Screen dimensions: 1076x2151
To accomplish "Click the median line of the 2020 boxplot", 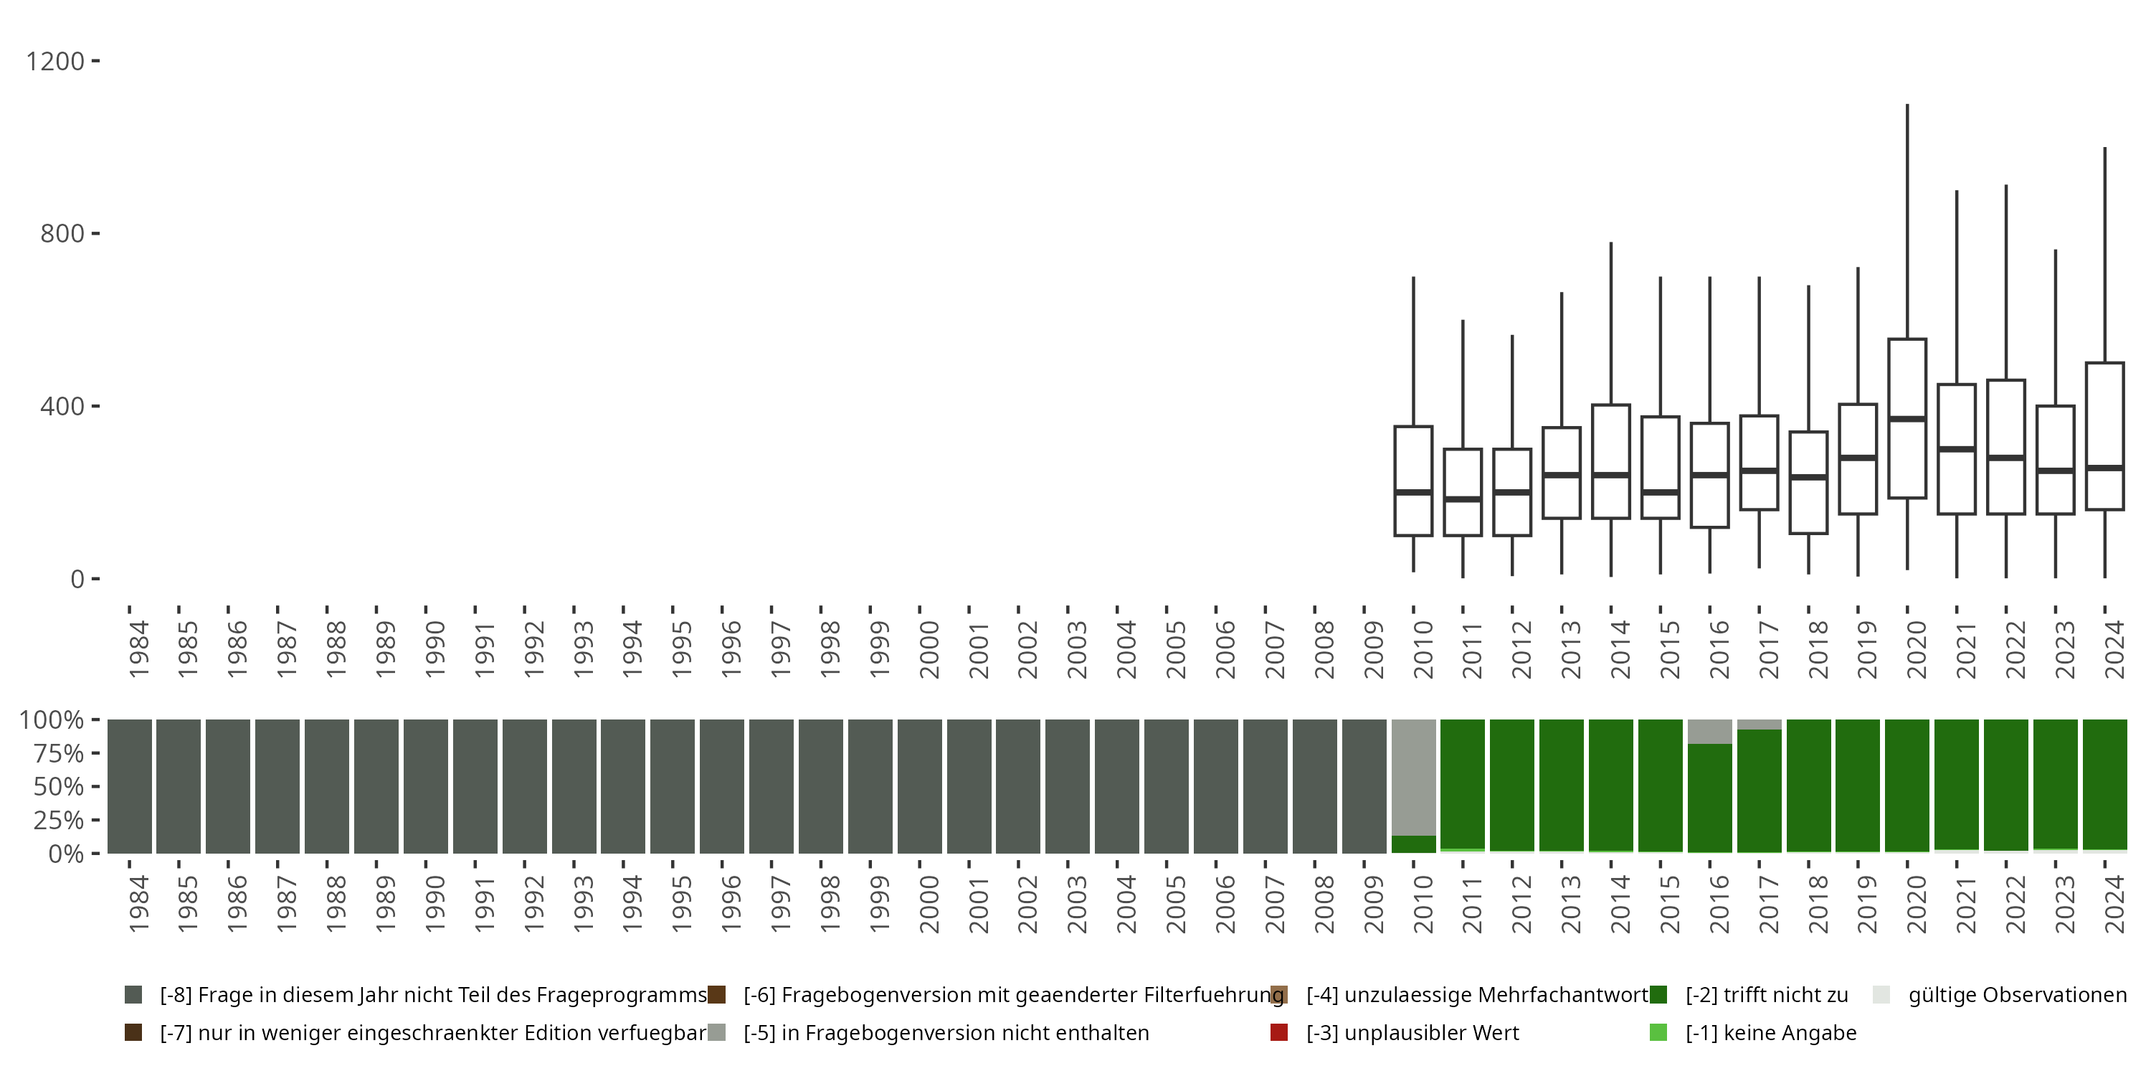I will click(1907, 418).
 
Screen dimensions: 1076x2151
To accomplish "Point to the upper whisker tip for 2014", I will click(1611, 243).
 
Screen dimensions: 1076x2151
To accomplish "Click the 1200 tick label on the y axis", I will click(55, 61).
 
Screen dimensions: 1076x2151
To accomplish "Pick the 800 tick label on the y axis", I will click(62, 233).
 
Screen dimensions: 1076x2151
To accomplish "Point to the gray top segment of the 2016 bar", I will click(1709, 731).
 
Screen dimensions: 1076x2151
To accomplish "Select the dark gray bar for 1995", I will click(673, 786).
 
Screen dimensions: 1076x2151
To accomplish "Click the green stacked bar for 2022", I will click(2005, 785).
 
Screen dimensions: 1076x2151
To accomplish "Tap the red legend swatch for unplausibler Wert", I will click(1278, 1032).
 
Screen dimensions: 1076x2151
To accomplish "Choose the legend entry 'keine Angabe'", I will click(1770, 1032).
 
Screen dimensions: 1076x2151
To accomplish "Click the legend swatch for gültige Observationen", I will click(1881, 995).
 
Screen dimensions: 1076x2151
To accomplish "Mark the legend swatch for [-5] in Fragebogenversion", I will click(716, 1032).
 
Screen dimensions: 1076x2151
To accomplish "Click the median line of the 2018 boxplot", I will click(1808, 477).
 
